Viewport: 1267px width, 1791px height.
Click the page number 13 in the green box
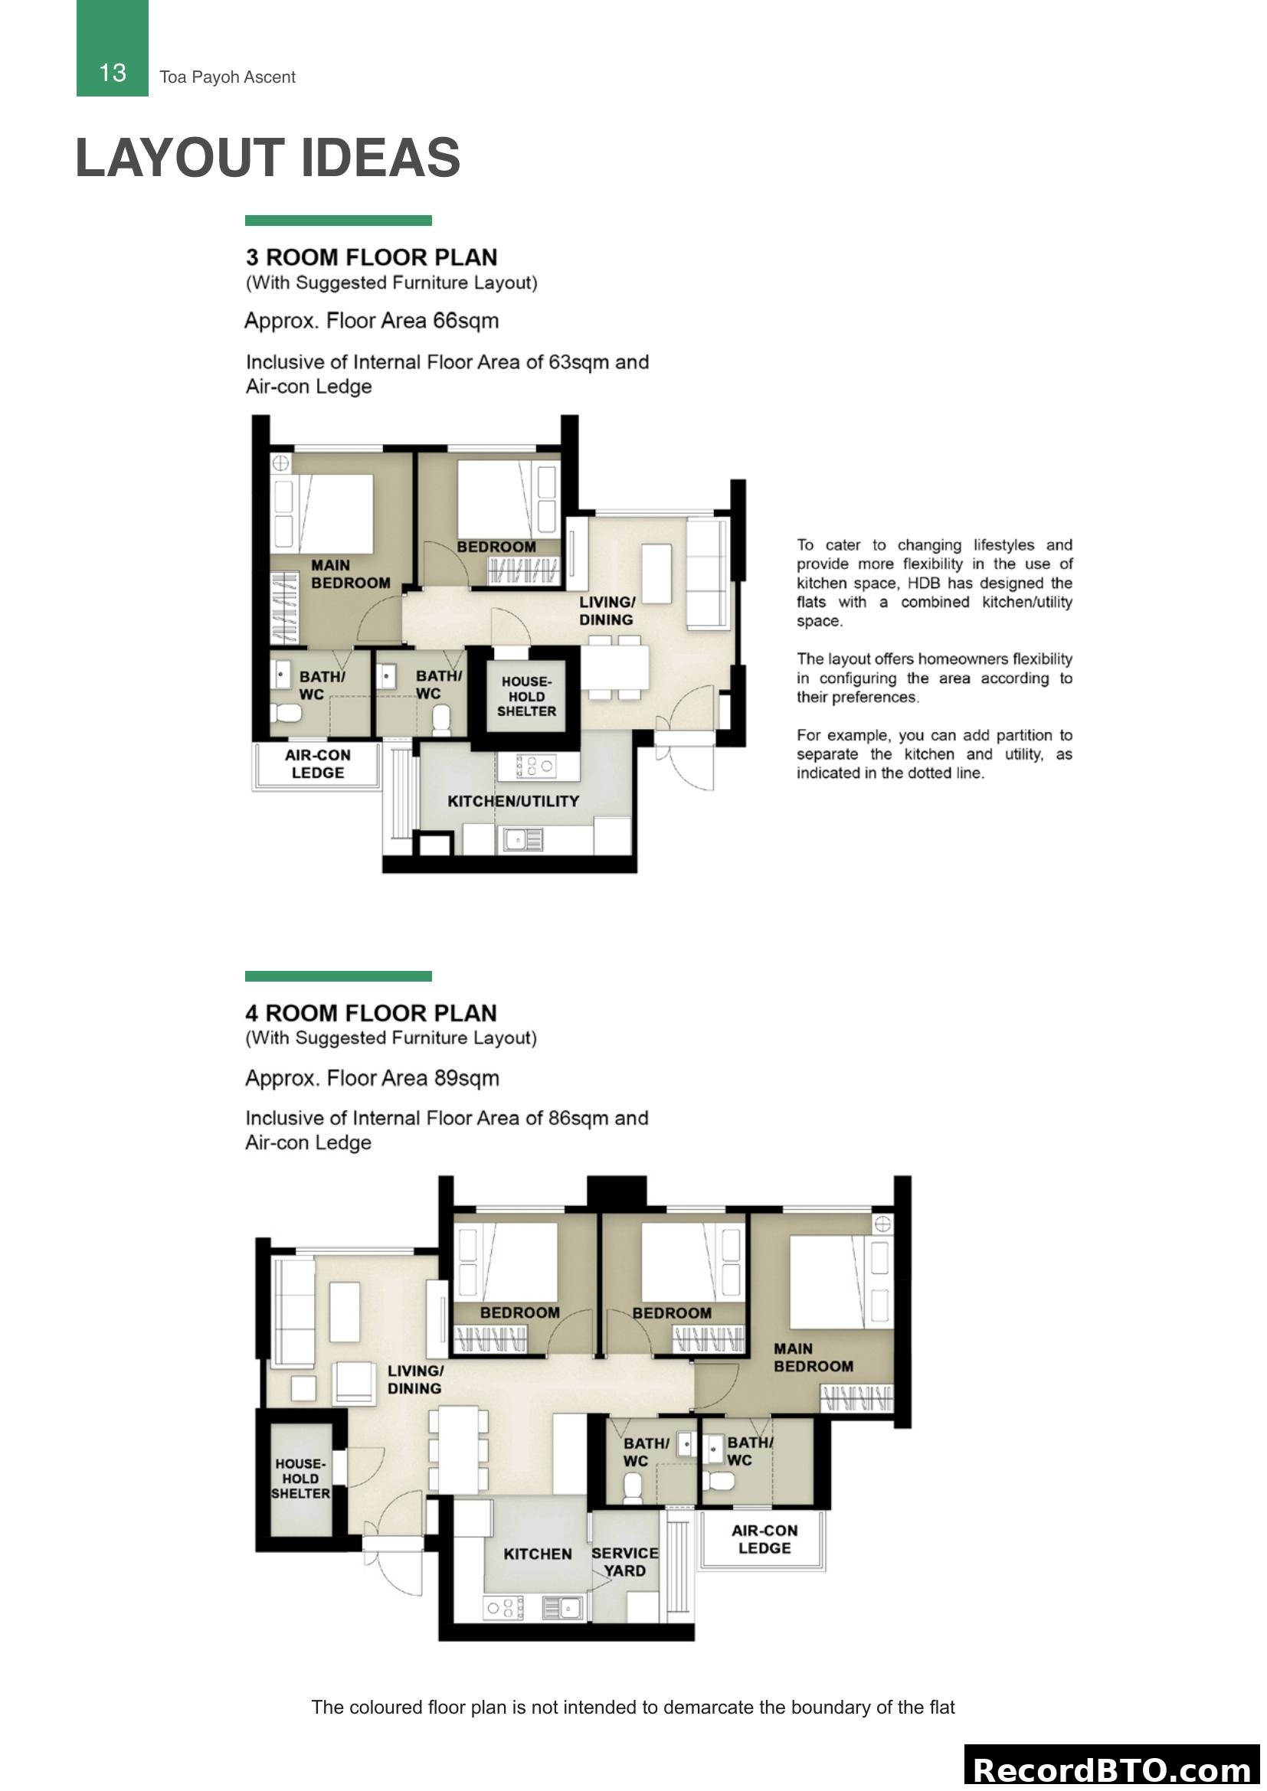[x=113, y=73]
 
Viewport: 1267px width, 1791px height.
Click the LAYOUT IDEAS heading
[x=267, y=158]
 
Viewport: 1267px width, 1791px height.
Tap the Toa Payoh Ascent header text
[x=227, y=77]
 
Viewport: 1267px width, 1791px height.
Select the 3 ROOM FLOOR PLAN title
[x=372, y=257]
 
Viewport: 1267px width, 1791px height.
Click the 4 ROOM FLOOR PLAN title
[x=371, y=1013]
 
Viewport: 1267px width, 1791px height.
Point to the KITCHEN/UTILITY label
[x=512, y=801]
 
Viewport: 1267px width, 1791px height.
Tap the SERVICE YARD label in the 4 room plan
[x=624, y=1561]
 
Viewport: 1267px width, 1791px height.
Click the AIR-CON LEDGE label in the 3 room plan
[x=318, y=763]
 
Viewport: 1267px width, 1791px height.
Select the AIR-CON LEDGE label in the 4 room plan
[x=764, y=1539]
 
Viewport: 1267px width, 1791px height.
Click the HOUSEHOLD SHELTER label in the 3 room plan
[x=526, y=697]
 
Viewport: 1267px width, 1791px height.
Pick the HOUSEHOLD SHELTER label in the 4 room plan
[x=300, y=1478]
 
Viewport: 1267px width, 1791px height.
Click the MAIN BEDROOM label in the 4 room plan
[x=813, y=1358]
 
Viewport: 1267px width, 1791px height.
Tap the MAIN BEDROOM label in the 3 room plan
[x=349, y=574]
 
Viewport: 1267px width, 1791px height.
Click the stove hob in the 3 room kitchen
[x=537, y=766]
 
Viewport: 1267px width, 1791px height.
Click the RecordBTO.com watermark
[x=1112, y=1770]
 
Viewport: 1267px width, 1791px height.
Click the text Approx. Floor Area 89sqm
[x=372, y=1078]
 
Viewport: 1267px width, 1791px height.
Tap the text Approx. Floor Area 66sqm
[x=372, y=321]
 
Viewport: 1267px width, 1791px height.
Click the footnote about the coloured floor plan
[x=633, y=1708]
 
